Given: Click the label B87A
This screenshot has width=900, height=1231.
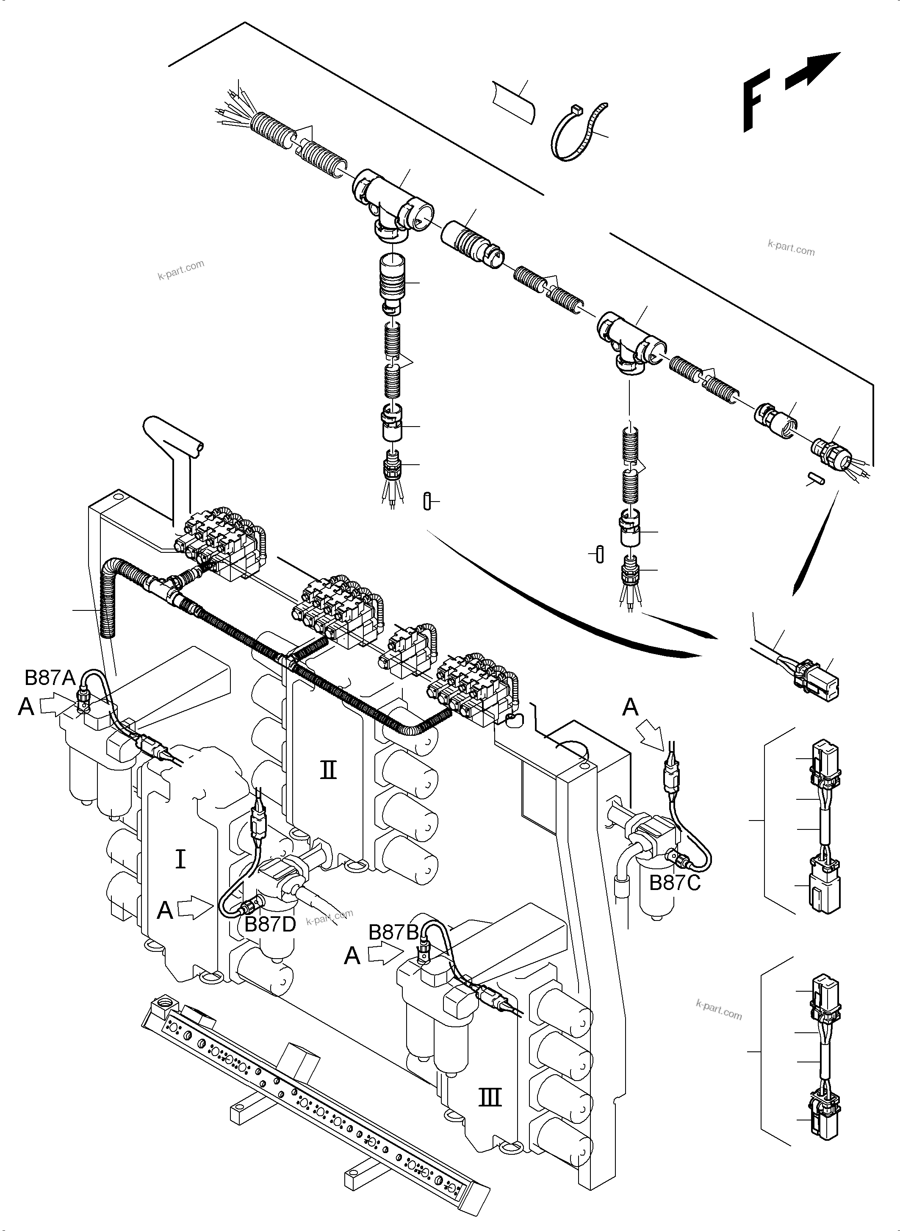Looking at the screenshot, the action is click(x=50, y=677).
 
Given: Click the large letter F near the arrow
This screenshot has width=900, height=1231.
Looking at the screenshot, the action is click(x=756, y=100).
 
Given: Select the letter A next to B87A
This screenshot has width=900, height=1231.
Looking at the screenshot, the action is click(x=26, y=706).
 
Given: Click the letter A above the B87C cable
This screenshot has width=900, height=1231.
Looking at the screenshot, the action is click(x=630, y=707).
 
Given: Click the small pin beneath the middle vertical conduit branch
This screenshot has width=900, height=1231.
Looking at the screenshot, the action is click(x=427, y=501).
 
